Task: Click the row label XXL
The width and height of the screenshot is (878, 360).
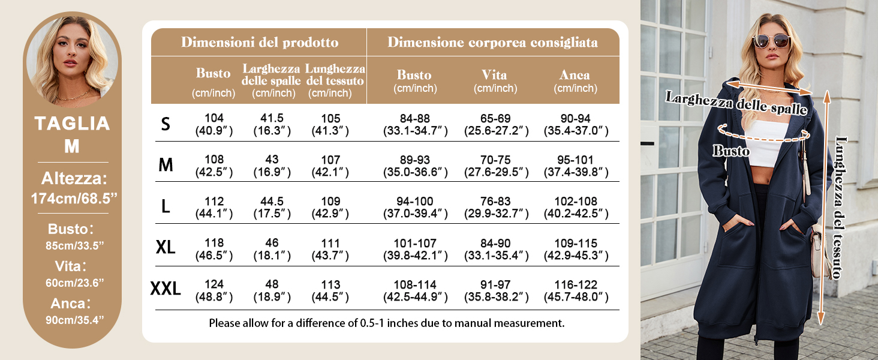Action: (166, 289)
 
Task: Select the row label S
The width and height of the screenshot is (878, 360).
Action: (166, 124)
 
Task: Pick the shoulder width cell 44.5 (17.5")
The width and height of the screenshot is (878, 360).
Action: (272, 207)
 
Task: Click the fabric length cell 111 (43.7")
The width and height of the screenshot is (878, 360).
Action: (330, 249)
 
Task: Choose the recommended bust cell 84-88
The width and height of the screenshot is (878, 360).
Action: (416, 124)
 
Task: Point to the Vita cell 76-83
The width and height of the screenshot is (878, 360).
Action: (496, 207)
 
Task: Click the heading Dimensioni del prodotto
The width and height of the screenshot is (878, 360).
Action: (260, 43)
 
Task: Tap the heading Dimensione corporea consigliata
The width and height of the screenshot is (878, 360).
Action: (492, 43)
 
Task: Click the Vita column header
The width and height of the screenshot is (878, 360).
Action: (495, 80)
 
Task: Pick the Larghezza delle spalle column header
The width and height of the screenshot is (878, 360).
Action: (271, 80)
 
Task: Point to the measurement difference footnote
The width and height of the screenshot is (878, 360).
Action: (387, 323)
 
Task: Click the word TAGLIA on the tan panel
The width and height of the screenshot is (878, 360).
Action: (72, 124)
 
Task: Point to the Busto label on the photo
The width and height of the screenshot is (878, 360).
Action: (731, 151)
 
